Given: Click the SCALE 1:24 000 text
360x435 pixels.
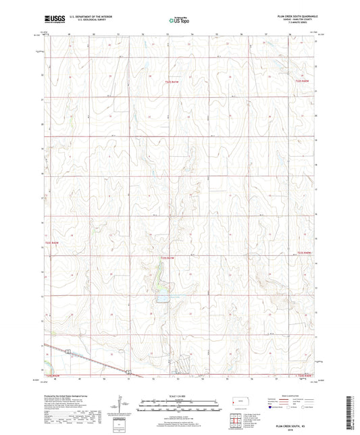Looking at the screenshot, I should click(179, 396).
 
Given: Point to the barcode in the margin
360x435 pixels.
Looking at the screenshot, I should click(353, 412).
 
